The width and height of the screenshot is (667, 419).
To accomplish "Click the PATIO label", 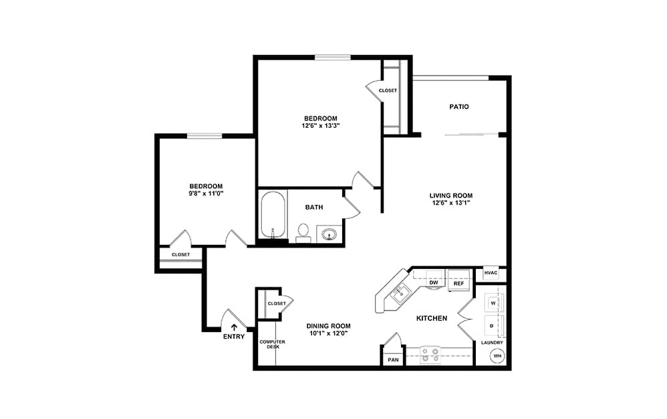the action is (459, 106).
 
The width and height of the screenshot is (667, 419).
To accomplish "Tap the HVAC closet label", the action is (491, 273).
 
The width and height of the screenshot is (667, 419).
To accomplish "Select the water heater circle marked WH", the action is (497, 355).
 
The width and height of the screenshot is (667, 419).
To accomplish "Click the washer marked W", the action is (494, 303).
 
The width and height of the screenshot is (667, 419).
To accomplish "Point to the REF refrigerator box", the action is (458, 280).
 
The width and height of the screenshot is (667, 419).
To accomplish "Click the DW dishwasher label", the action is (434, 282).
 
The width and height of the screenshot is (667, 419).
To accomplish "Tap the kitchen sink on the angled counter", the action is (401, 294).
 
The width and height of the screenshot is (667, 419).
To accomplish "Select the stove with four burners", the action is (430, 355).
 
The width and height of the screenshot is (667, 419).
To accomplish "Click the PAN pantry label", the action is (393, 360).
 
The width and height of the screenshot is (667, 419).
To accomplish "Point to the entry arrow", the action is (233, 327).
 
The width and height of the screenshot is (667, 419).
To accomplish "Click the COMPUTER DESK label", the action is (272, 345).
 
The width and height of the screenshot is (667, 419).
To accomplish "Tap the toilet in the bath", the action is (303, 233).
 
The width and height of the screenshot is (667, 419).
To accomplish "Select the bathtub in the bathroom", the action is (273, 216).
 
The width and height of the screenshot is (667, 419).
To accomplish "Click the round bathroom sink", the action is (329, 234).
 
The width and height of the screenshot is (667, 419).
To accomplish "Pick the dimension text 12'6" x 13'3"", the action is (320, 126).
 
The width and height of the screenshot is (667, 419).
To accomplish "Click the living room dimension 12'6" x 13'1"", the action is (451, 203).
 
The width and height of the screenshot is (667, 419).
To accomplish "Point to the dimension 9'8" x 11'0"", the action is (206, 193).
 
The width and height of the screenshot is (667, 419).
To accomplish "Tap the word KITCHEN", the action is (431, 318).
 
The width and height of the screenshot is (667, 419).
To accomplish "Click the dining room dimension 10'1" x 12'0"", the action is (328, 333).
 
